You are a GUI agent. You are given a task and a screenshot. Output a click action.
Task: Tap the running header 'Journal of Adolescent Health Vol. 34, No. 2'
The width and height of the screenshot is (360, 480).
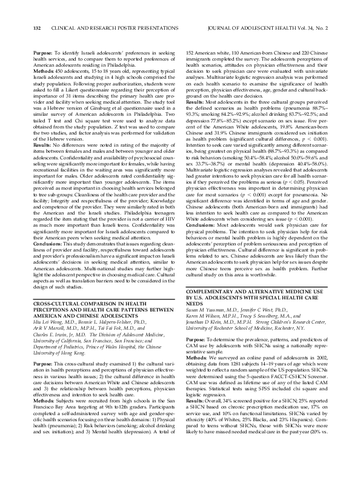271,27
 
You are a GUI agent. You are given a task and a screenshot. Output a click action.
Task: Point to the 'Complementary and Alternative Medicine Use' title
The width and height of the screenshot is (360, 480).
247,291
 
